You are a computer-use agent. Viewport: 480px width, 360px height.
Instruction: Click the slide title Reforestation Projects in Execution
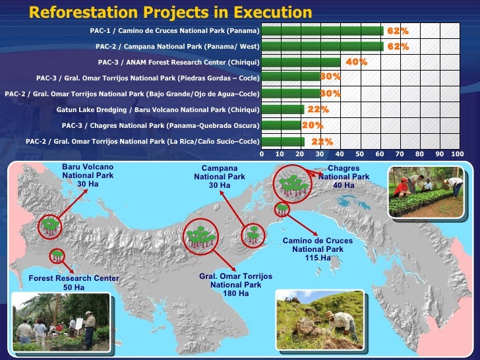(171, 13)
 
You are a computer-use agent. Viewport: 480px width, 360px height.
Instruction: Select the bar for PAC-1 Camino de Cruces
(322, 31)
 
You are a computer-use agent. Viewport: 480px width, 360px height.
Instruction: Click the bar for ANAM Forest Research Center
(301, 63)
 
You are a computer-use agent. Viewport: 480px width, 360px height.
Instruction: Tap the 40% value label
(356, 62)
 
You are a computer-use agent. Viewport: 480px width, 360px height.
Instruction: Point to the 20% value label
(313, 125)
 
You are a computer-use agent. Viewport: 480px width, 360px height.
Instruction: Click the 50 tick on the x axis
(359, 154)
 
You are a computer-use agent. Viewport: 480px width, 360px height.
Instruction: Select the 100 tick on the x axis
(458, 154)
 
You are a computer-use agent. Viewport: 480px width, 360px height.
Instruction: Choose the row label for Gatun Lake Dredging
(158, 110)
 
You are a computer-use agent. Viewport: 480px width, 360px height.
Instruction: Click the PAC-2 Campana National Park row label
(177, 47)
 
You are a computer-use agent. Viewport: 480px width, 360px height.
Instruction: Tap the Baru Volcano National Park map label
(88, 175)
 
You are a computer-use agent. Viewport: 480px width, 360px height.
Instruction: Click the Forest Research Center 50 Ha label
(74, 283)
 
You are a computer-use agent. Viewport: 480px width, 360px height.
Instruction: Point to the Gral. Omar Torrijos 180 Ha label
(236, 285)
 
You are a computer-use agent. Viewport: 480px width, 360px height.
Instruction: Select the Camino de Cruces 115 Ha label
(318, 249)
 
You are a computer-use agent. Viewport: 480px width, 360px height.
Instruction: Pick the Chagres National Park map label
(344, 177)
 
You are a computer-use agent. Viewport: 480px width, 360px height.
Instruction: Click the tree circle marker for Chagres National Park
(292, 184)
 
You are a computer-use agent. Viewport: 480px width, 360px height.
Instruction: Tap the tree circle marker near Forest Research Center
(57, 256)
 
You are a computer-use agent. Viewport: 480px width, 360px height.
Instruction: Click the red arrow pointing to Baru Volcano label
(73, 204)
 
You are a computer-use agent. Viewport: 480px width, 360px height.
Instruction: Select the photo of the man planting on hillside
(320, 320)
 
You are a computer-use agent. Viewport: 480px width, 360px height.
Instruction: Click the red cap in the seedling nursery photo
(404, 180)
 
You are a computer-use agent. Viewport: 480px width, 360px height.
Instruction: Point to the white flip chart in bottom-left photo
(79, 323)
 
